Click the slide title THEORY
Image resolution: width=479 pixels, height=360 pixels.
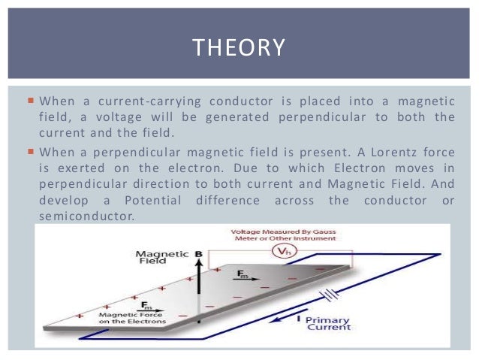(239, 48)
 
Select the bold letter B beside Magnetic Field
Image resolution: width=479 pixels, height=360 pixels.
(199, 255)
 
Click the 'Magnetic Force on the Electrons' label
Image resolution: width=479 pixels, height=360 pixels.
(130, 317)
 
